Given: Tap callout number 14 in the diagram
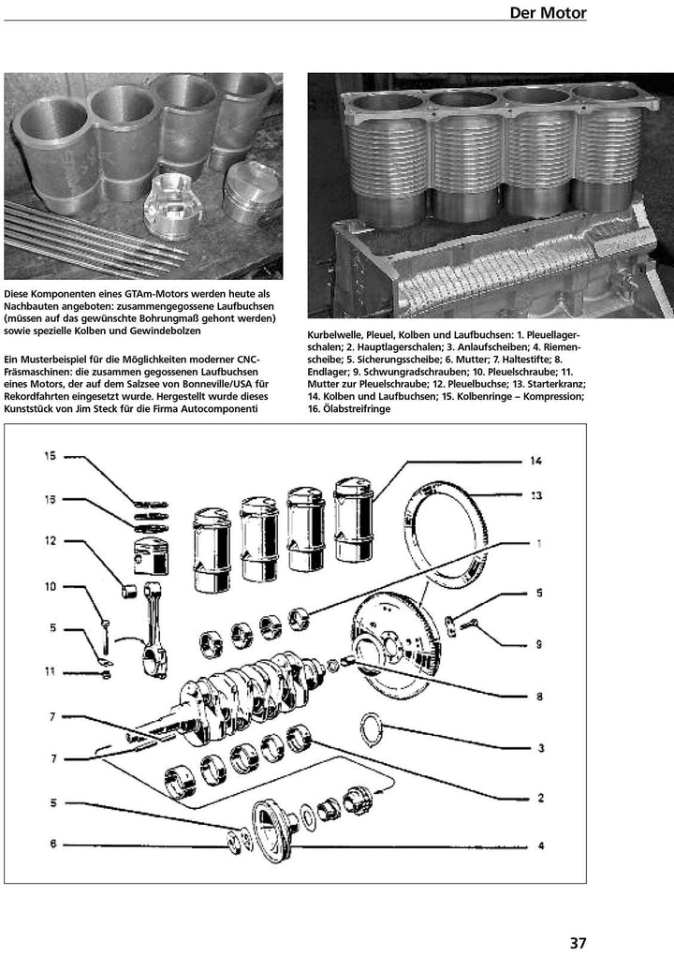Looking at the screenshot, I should click(535, 461).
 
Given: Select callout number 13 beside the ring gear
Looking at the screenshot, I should click(535, 495).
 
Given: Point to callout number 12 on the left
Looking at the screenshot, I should click(50, 540).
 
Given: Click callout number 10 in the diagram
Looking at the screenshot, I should click(50, 586).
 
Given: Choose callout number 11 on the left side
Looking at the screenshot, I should click(50, 670).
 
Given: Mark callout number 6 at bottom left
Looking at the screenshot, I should click(53, 844).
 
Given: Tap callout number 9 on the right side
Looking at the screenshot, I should click(539, 643).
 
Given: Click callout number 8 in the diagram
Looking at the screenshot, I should click(539, 697).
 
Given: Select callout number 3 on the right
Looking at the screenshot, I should click(540, 748).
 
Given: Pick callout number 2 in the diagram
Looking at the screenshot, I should click(540, 798).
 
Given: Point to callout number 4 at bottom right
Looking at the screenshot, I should click(540, 845).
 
